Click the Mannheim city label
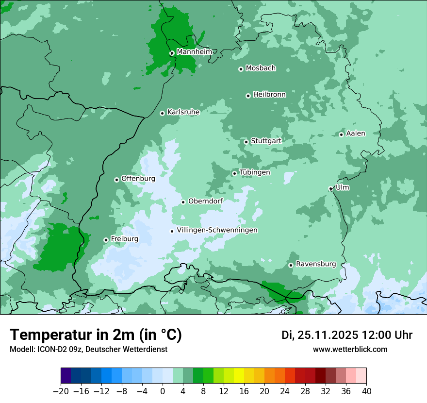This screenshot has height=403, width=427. tap(194, 51)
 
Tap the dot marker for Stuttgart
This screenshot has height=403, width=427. tap(246, 142)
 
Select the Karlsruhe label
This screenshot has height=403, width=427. tap(183, 112)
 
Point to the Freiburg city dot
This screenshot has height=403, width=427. tap(106, 240)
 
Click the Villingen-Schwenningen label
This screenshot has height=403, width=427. tap(217, 230)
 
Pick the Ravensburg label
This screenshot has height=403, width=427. tap(316, 264)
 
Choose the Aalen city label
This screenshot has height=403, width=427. tap(356, 134)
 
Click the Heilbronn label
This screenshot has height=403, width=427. tap(269, 95)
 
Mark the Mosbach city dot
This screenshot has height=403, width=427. tap(241, 69)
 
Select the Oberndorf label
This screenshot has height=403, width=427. tap(205, 201)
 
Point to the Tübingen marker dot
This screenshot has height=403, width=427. tap(235, 173)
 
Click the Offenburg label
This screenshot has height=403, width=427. tap(138, 179)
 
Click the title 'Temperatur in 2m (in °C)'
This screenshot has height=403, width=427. tap(96, 335)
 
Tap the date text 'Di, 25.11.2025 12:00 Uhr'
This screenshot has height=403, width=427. tap(347, 335)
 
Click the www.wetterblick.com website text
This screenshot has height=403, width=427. tap(350, 349)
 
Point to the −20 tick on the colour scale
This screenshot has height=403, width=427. tap(61, 391)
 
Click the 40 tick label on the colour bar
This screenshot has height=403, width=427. tap(366, 391)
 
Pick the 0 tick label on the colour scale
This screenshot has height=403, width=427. tap(163, 391)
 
